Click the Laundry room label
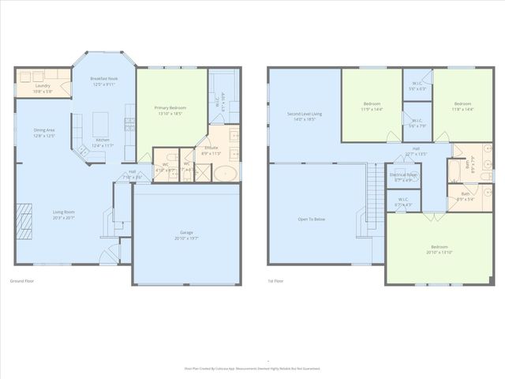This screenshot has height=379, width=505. pyautogui.click(x=43, y=86)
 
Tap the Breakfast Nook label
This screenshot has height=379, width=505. pyautogui.click(x=103, y=79)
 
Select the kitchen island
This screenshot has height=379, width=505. pyautogui.click(x=100, y=124)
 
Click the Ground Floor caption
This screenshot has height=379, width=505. pyautogui.click(x=21, y=280)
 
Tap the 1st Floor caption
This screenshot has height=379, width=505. pyautogui.click(x=275, y=280)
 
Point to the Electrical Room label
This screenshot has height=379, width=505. pyautogui.click(x=403, y=174)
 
